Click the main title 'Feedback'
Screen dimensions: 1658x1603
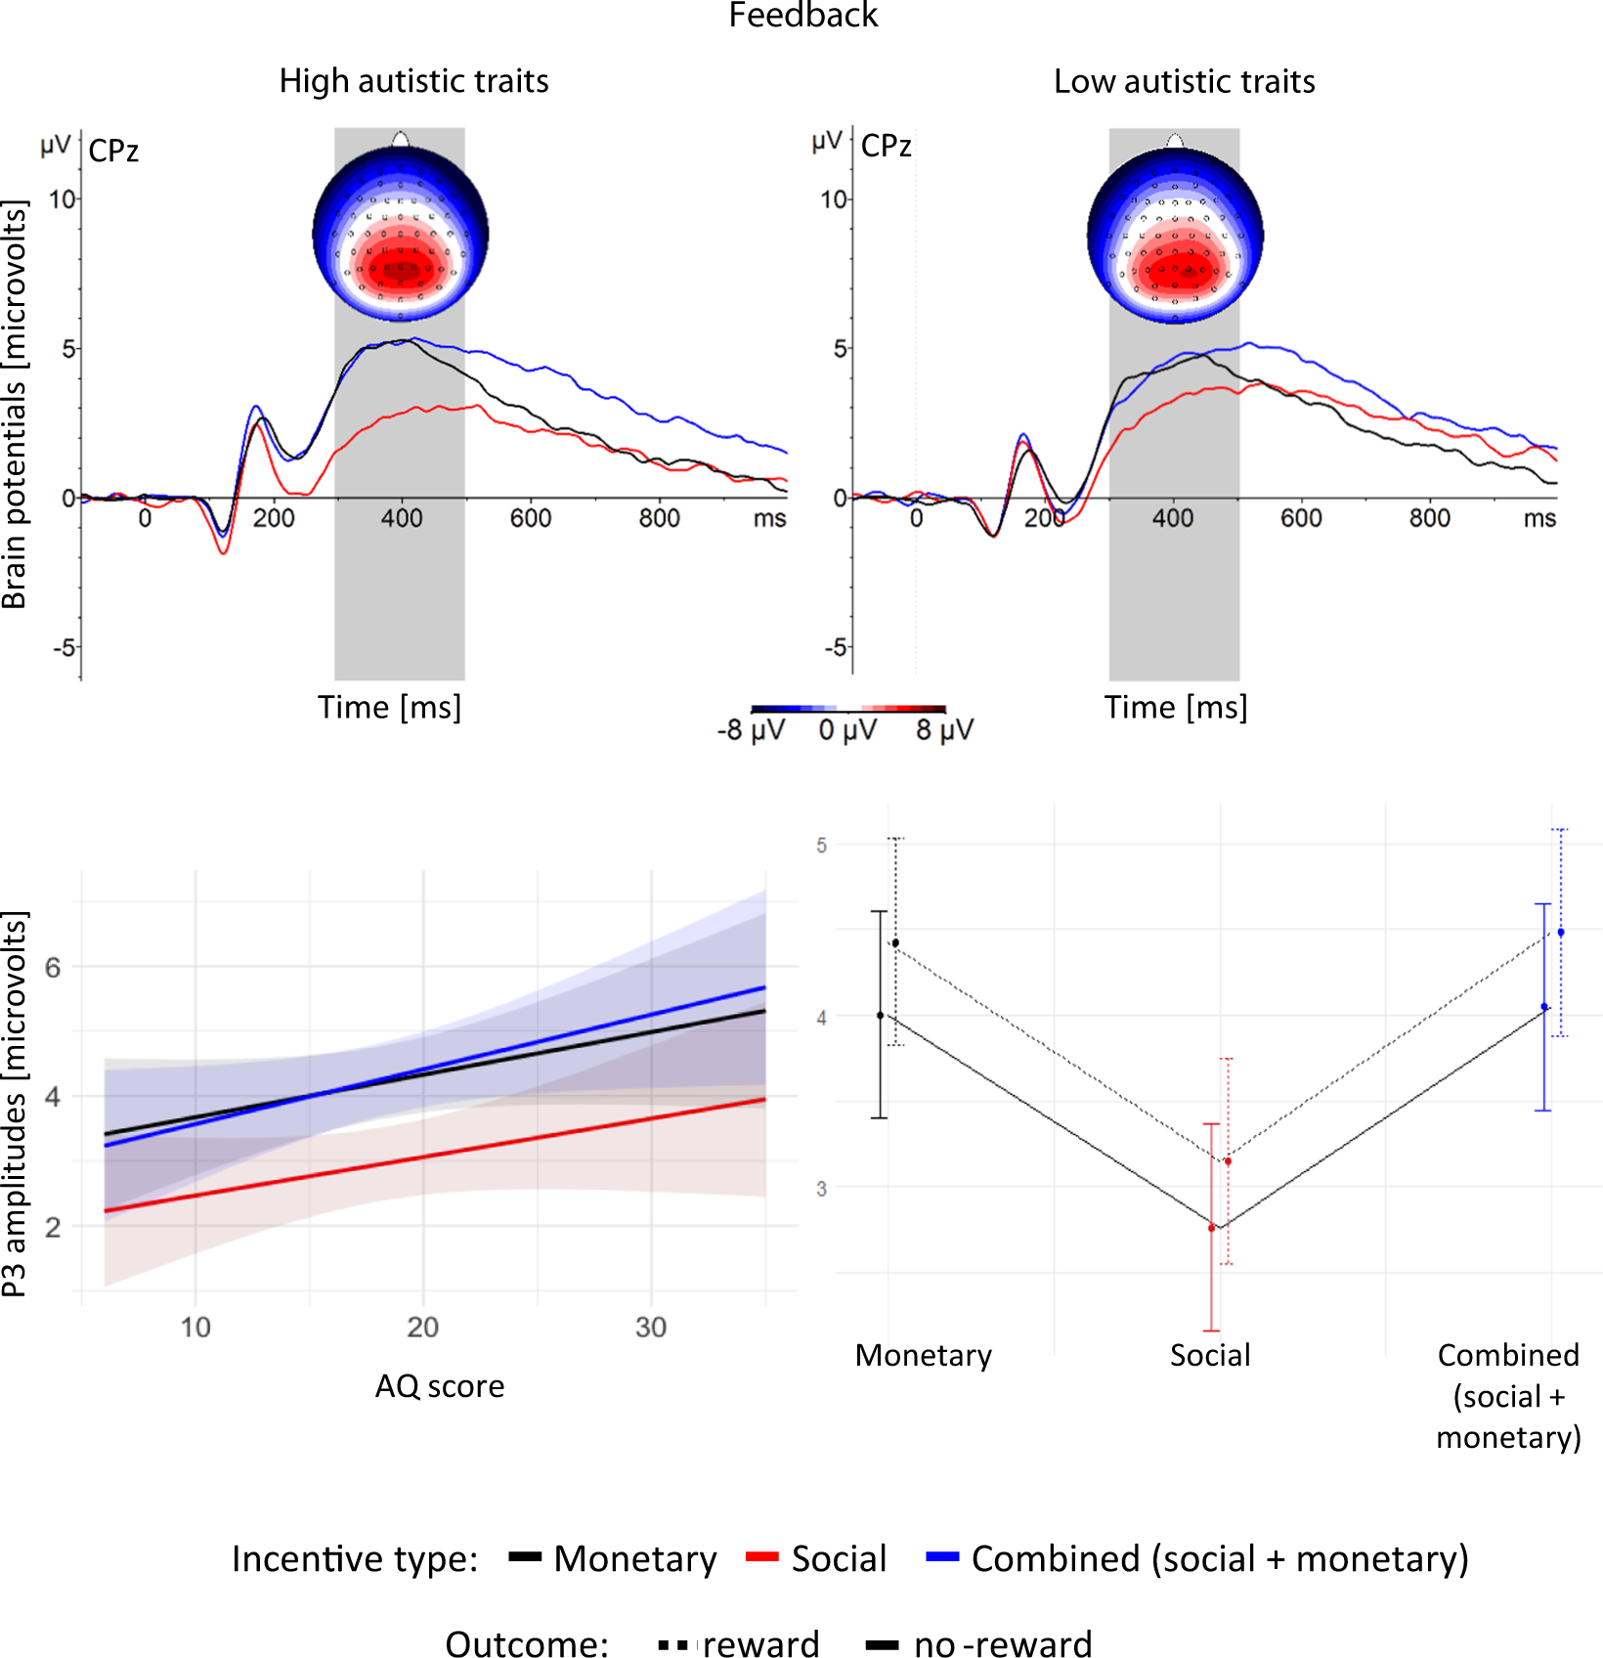pos(802,16)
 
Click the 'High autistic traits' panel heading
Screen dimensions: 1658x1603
pos(413,81)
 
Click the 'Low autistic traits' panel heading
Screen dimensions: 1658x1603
pos(1184,81)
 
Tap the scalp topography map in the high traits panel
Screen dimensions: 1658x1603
pos(401,236)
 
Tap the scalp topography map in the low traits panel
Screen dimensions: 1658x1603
pos(1175,236)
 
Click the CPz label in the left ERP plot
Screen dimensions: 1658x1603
pos(113,152)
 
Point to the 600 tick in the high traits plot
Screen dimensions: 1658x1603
pos(531,518)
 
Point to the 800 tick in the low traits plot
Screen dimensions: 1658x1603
pos(1429,518)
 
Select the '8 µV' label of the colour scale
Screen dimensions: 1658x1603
pos(944,730)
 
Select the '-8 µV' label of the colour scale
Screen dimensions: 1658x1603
pos(751,730)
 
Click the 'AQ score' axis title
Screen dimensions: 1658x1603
pos(440,1386)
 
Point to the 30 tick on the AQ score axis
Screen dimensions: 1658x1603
pos(651,1328)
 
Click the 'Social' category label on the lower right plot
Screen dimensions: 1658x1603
pos(1210,1355)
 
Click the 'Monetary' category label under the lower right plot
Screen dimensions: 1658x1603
pos(923,1355)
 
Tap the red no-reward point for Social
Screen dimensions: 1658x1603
pos(1212,1228)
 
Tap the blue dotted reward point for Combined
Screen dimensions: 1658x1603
pos(1561,933)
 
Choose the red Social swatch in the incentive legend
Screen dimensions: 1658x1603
pos(761,1557)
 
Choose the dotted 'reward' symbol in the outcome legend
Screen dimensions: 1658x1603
pos(674,1645)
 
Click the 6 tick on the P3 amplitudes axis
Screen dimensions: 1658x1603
pos(53,967)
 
